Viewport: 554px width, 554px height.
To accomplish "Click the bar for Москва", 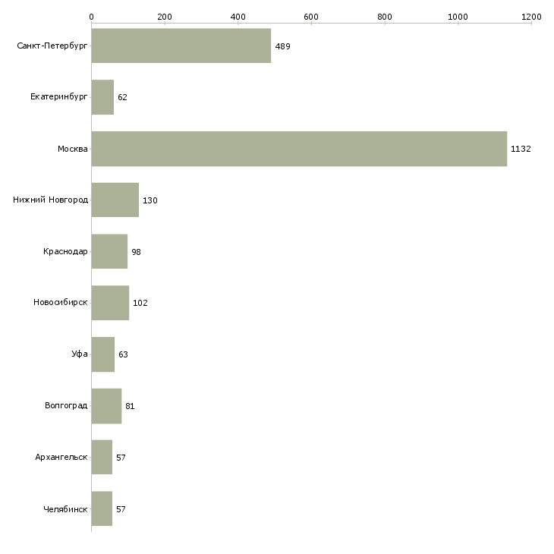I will point(299,149).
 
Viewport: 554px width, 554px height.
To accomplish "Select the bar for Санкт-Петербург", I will point(181,46).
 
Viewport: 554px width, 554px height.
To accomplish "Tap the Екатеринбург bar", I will point(102,97).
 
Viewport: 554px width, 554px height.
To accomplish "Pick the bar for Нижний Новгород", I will point(115,200).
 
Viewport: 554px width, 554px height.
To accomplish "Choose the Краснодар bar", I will point(109,251).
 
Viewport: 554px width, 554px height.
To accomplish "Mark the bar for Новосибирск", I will point(110,303).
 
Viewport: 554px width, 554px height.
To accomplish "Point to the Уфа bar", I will point(102,354).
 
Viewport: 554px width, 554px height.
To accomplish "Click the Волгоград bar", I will point(106,406).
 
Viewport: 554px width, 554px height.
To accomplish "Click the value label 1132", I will point(521,149).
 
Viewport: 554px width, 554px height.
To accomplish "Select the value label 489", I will point(282,46).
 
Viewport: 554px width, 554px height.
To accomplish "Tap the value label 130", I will point(150,200).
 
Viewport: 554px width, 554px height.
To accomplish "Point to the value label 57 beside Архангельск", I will point(121,458).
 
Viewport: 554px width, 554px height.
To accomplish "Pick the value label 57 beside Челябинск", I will point(121,509).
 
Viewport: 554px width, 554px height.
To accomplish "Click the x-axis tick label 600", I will point(311,16).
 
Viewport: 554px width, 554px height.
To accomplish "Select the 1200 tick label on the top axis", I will point(531,16).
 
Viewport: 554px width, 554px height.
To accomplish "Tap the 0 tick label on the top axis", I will point(91,16).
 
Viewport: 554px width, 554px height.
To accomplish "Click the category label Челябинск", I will point(65,509).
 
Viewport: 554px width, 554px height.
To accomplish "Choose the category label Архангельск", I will point(61,458).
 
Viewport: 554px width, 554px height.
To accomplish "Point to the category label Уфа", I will point(80,354).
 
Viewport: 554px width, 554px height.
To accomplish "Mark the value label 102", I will point(140,303).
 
